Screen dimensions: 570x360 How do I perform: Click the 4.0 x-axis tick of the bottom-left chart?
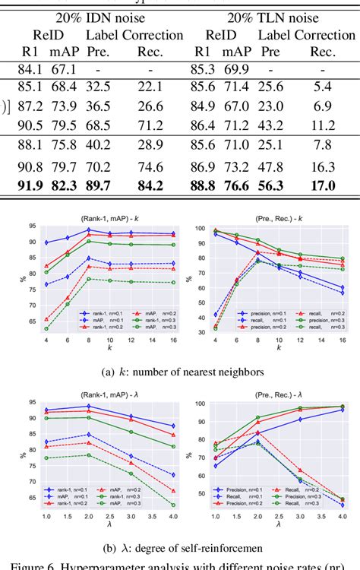(172, 517)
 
